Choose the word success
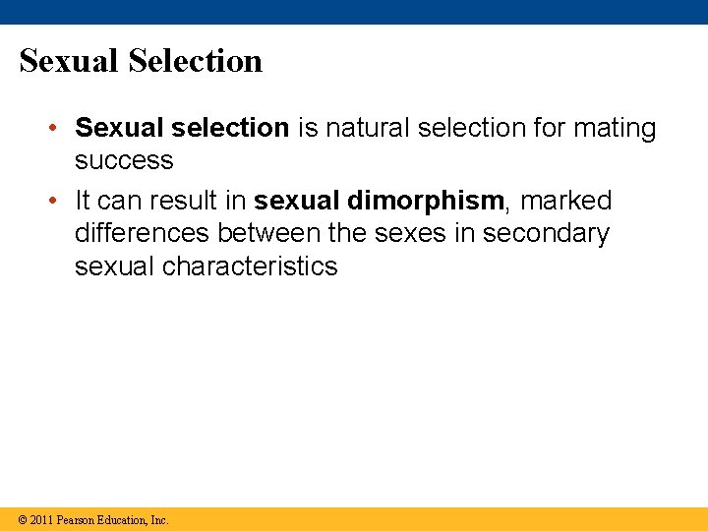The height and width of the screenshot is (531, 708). pyautogui.click(x=124, y=160)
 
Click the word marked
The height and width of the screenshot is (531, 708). pyautogui.click(x=565, y=201)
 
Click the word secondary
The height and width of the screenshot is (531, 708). pyautogui.click(x=547, y=233)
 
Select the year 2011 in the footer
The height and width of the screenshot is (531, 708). pyautogui.click(x=41, y=519)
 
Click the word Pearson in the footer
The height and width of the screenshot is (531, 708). pyautogui.click(x=76, y=519)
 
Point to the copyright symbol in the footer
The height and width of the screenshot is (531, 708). pyautogui.click(x=22, y=519)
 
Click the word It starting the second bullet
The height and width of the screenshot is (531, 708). pyautogui.click(x=83, y=201)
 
